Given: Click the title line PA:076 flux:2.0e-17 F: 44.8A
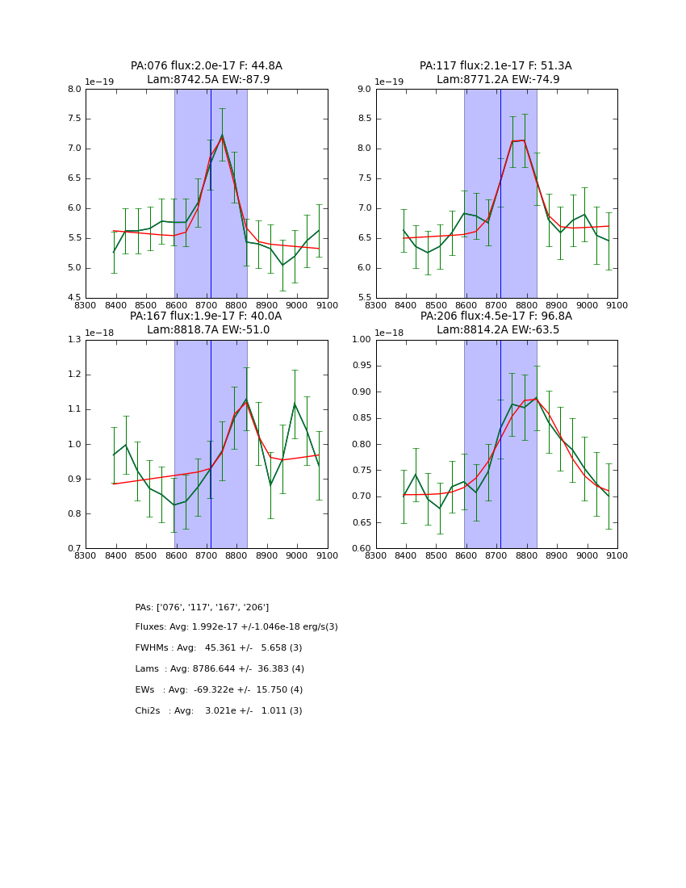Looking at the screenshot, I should coord(207,66).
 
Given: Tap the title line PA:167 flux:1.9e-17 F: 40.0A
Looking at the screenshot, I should coord(206,316).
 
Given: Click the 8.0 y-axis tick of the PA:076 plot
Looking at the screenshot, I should coord(73,90).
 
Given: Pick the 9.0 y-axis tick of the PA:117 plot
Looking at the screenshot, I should coord(364,90).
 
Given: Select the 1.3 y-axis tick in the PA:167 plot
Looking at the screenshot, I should coord(73,340).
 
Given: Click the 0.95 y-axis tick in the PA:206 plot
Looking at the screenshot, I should coord(362,366).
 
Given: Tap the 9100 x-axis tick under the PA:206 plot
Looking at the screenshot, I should coord(617,555).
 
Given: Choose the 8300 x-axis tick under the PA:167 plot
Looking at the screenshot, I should coord(86,555).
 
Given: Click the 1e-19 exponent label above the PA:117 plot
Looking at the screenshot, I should coord(390,82).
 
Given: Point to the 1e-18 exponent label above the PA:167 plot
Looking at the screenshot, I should coord(99,333).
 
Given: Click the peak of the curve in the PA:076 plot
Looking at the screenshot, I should coord(222,136).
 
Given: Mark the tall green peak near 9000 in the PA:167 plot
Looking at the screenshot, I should coord(295,403).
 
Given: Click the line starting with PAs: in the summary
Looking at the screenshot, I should coord(202,607).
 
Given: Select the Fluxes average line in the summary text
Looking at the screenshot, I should coord(236,627).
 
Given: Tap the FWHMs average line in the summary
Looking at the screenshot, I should coord(219,648).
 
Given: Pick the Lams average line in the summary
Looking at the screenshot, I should coord(220,669).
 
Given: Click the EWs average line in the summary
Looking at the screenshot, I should coord(219,690).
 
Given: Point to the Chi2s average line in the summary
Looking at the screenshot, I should coord(219,711).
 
